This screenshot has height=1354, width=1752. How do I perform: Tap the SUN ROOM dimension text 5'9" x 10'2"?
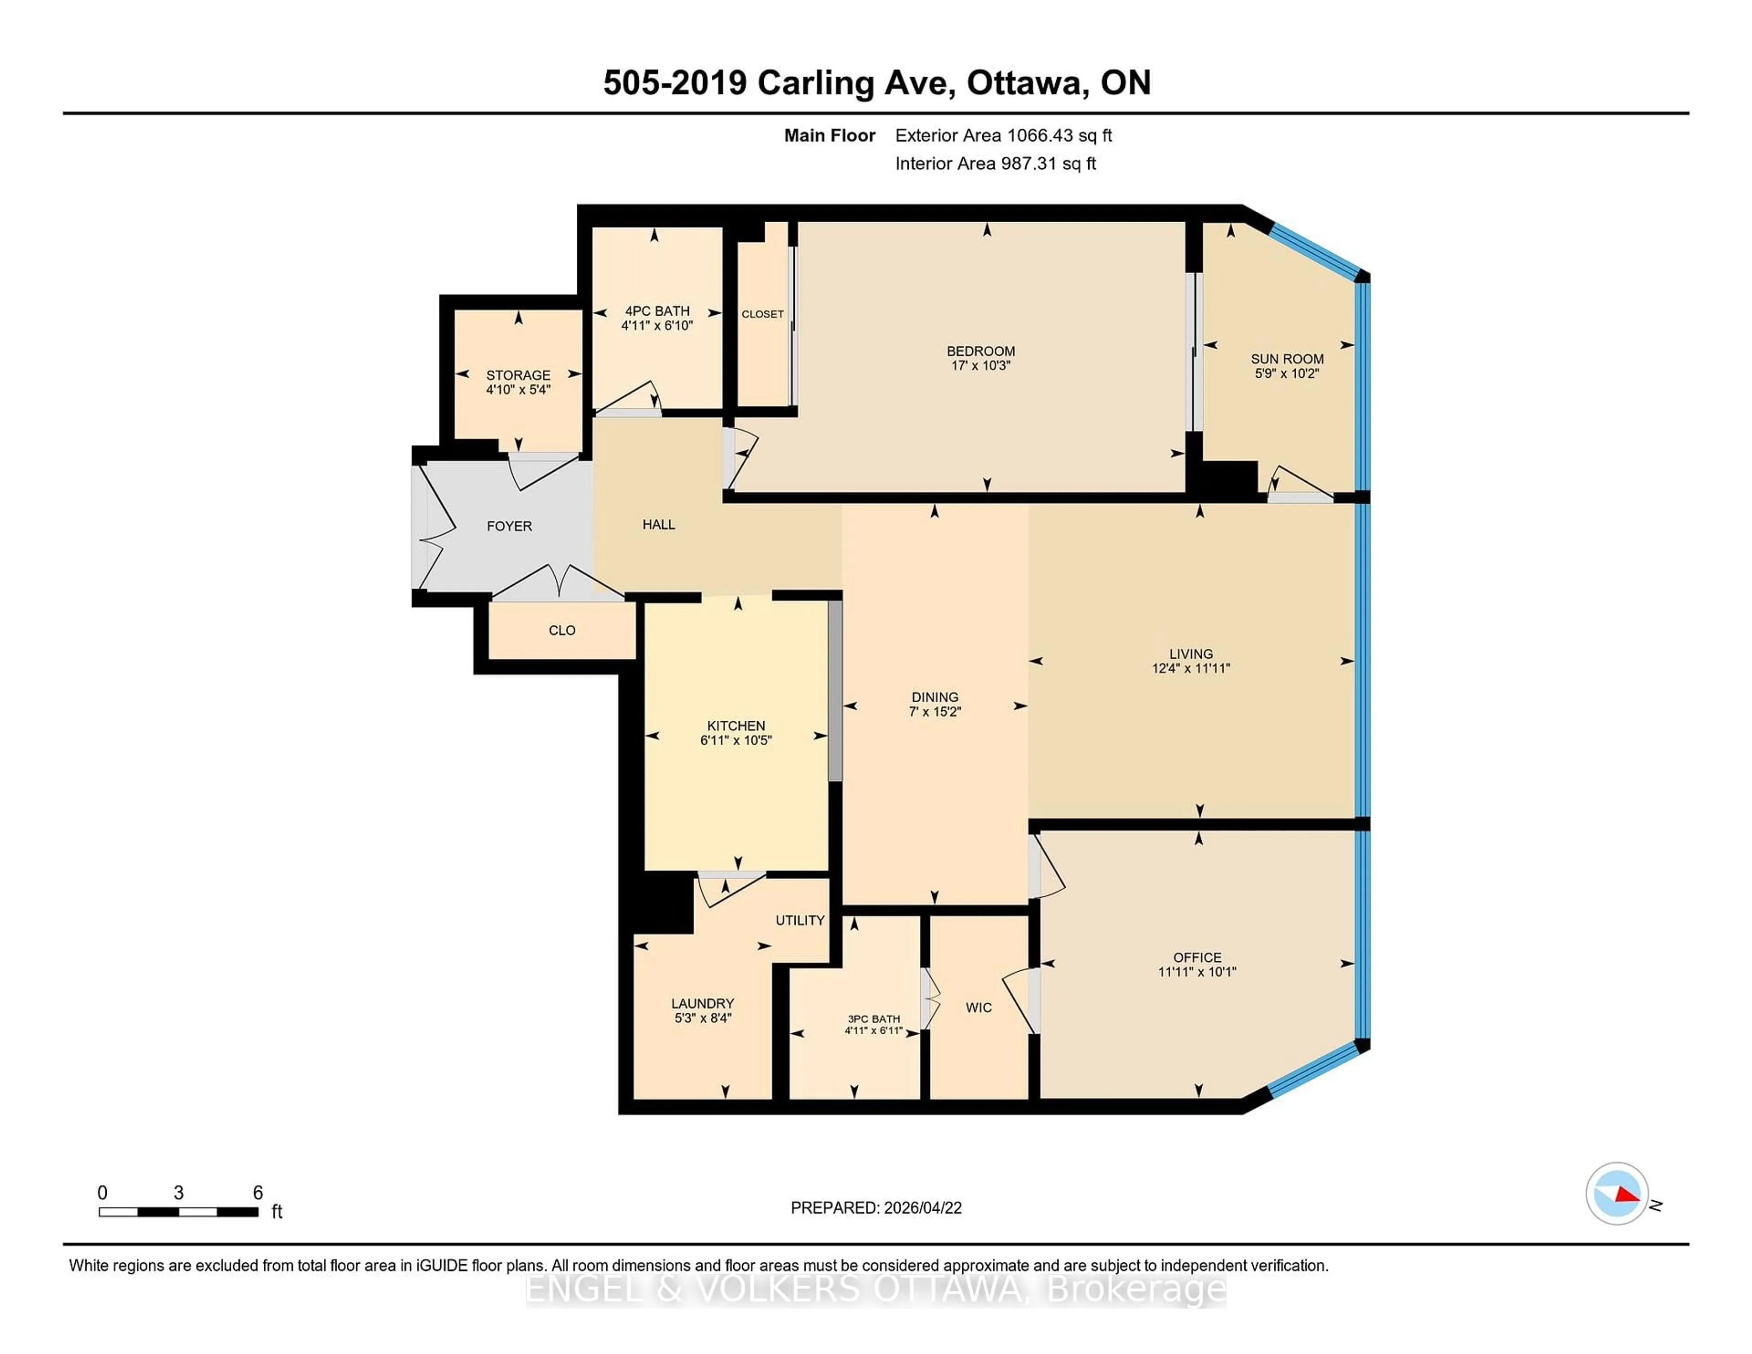pos(1287,374)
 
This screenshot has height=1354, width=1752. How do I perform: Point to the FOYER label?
pos(509,526)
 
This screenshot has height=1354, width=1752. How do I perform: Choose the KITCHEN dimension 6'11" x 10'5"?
pos(735,740)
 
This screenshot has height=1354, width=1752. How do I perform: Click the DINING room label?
pos(934,697)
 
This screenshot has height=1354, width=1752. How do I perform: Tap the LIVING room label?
pos(1190,654)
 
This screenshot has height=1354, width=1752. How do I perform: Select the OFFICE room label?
pos(1197,957)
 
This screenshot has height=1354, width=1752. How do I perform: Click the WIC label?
pos(979,1007)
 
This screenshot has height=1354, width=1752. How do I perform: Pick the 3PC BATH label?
pos(874,1019)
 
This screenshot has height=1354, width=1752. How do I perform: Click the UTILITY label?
pos(800,920)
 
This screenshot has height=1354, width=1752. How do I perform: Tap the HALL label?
pos(659,525)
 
